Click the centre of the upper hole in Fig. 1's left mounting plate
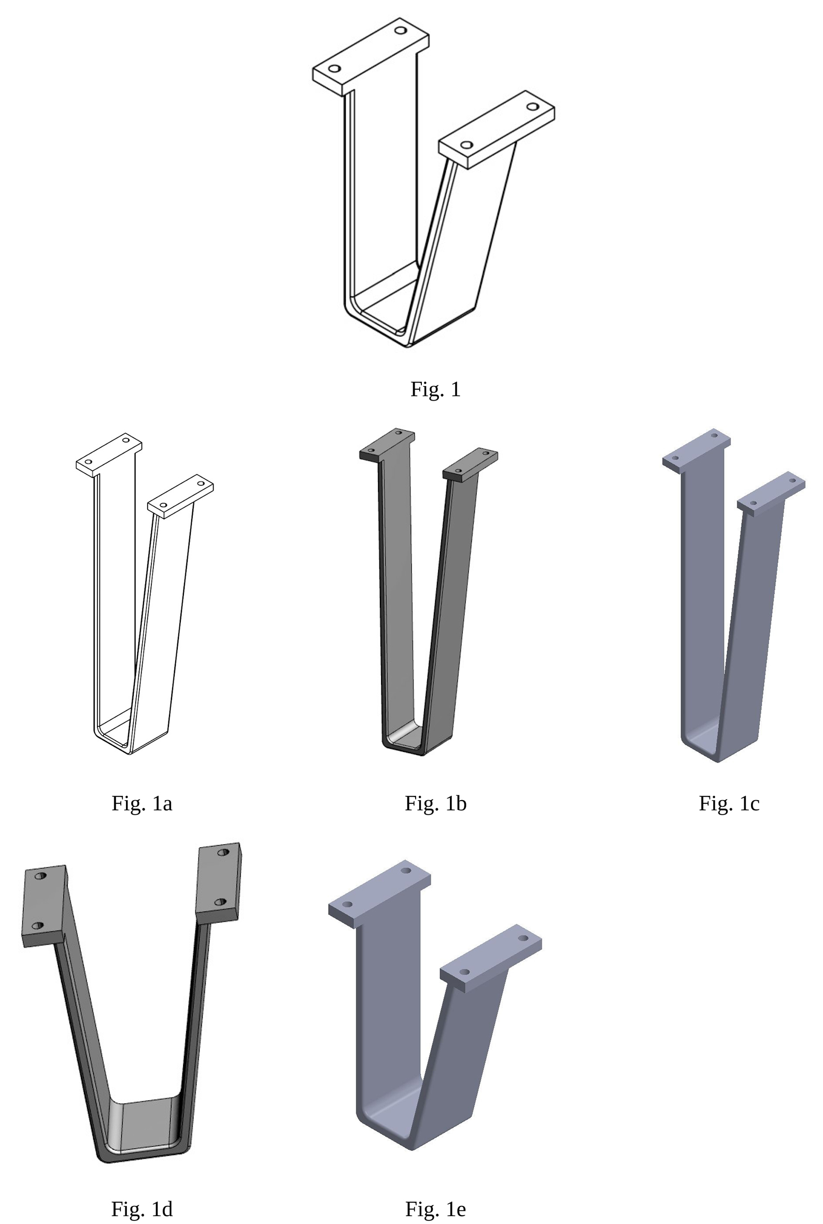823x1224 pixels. [401, 31]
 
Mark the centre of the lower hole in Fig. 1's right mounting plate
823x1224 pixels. [466, 145]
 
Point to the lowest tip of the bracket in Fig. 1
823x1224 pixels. [408, 347]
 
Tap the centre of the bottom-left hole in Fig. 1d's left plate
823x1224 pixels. [38, 926]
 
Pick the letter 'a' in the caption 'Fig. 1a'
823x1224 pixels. [167, 804]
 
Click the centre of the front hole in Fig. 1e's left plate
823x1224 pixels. [347, 905]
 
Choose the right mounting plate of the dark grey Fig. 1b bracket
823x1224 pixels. [470, 465]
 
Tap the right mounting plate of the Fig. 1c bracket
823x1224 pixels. [771, 493]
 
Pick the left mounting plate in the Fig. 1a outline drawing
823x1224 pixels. [109, 455]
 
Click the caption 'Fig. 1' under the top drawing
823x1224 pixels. [436, 390]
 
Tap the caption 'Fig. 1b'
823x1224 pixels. [436, 804]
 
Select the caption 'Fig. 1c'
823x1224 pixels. [729, 804]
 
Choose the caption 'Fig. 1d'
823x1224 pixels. [141, 1209]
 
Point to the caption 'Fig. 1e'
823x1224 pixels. [436, 1209]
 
